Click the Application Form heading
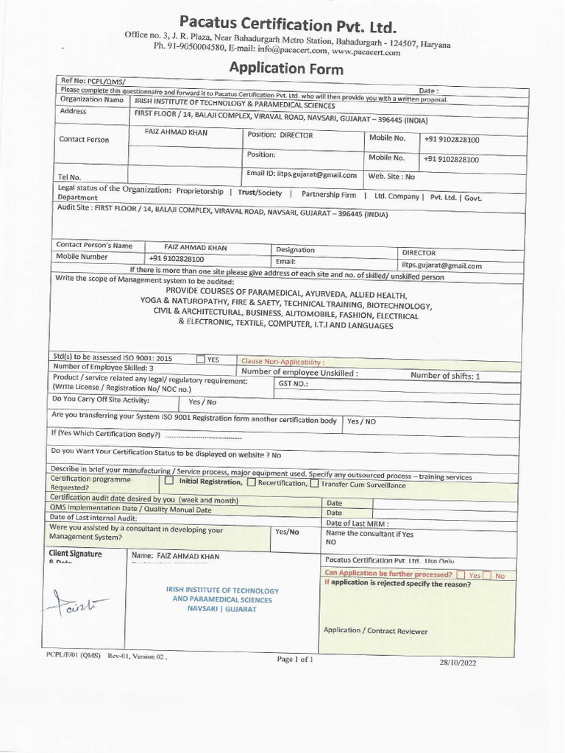tap(286, 69)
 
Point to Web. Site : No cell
tap(391, 176)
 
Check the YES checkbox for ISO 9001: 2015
tap(201, 360)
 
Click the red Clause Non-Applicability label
tap(282, 362)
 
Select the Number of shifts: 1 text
tap(444, 376)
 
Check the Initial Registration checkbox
tap(168, 482)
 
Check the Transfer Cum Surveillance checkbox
tap(314, 484)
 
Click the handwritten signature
tap(81, 605)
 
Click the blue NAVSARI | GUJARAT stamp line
tap(221, 610)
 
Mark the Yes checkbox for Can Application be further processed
tap(461, 575)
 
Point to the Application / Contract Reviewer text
tap(375, 631)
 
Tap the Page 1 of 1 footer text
tap(295, 660)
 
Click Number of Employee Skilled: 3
tap(103, 368)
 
